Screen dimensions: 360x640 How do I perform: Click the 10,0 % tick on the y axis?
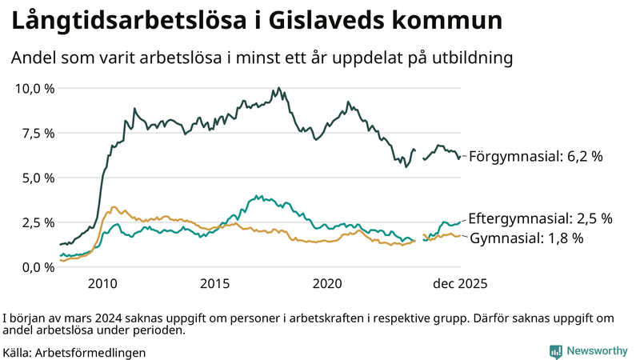[34, 88]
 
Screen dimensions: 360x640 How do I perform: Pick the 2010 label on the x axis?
[103, 284]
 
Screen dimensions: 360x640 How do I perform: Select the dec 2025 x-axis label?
[460, 284]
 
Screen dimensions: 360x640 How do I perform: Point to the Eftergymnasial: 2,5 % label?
[540, 218]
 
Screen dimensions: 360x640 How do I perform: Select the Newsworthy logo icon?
[555, 351]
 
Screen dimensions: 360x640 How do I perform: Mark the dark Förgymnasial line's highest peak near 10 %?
[278, 88]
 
